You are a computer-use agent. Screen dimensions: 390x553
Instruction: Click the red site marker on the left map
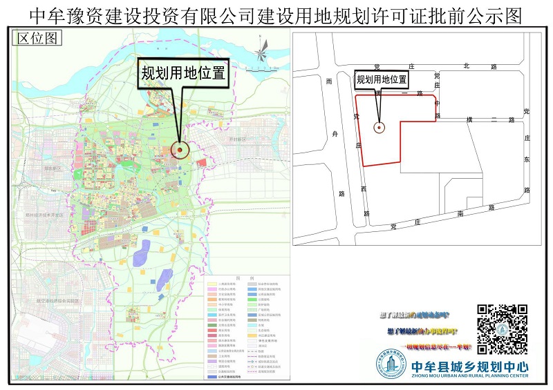[180, 149]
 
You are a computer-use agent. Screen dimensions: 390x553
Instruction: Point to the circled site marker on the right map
[379, 127]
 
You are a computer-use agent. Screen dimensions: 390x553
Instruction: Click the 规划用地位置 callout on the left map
[184, 72]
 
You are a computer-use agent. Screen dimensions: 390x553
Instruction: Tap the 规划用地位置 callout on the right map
[382, 79]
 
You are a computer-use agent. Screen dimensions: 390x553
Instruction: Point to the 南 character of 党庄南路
[460, 214]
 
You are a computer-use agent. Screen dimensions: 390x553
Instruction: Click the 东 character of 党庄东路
[527, 160]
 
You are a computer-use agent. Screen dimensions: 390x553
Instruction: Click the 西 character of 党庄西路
[363, 188]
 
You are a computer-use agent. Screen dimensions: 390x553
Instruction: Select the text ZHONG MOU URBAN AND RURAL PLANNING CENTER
[469, 377]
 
